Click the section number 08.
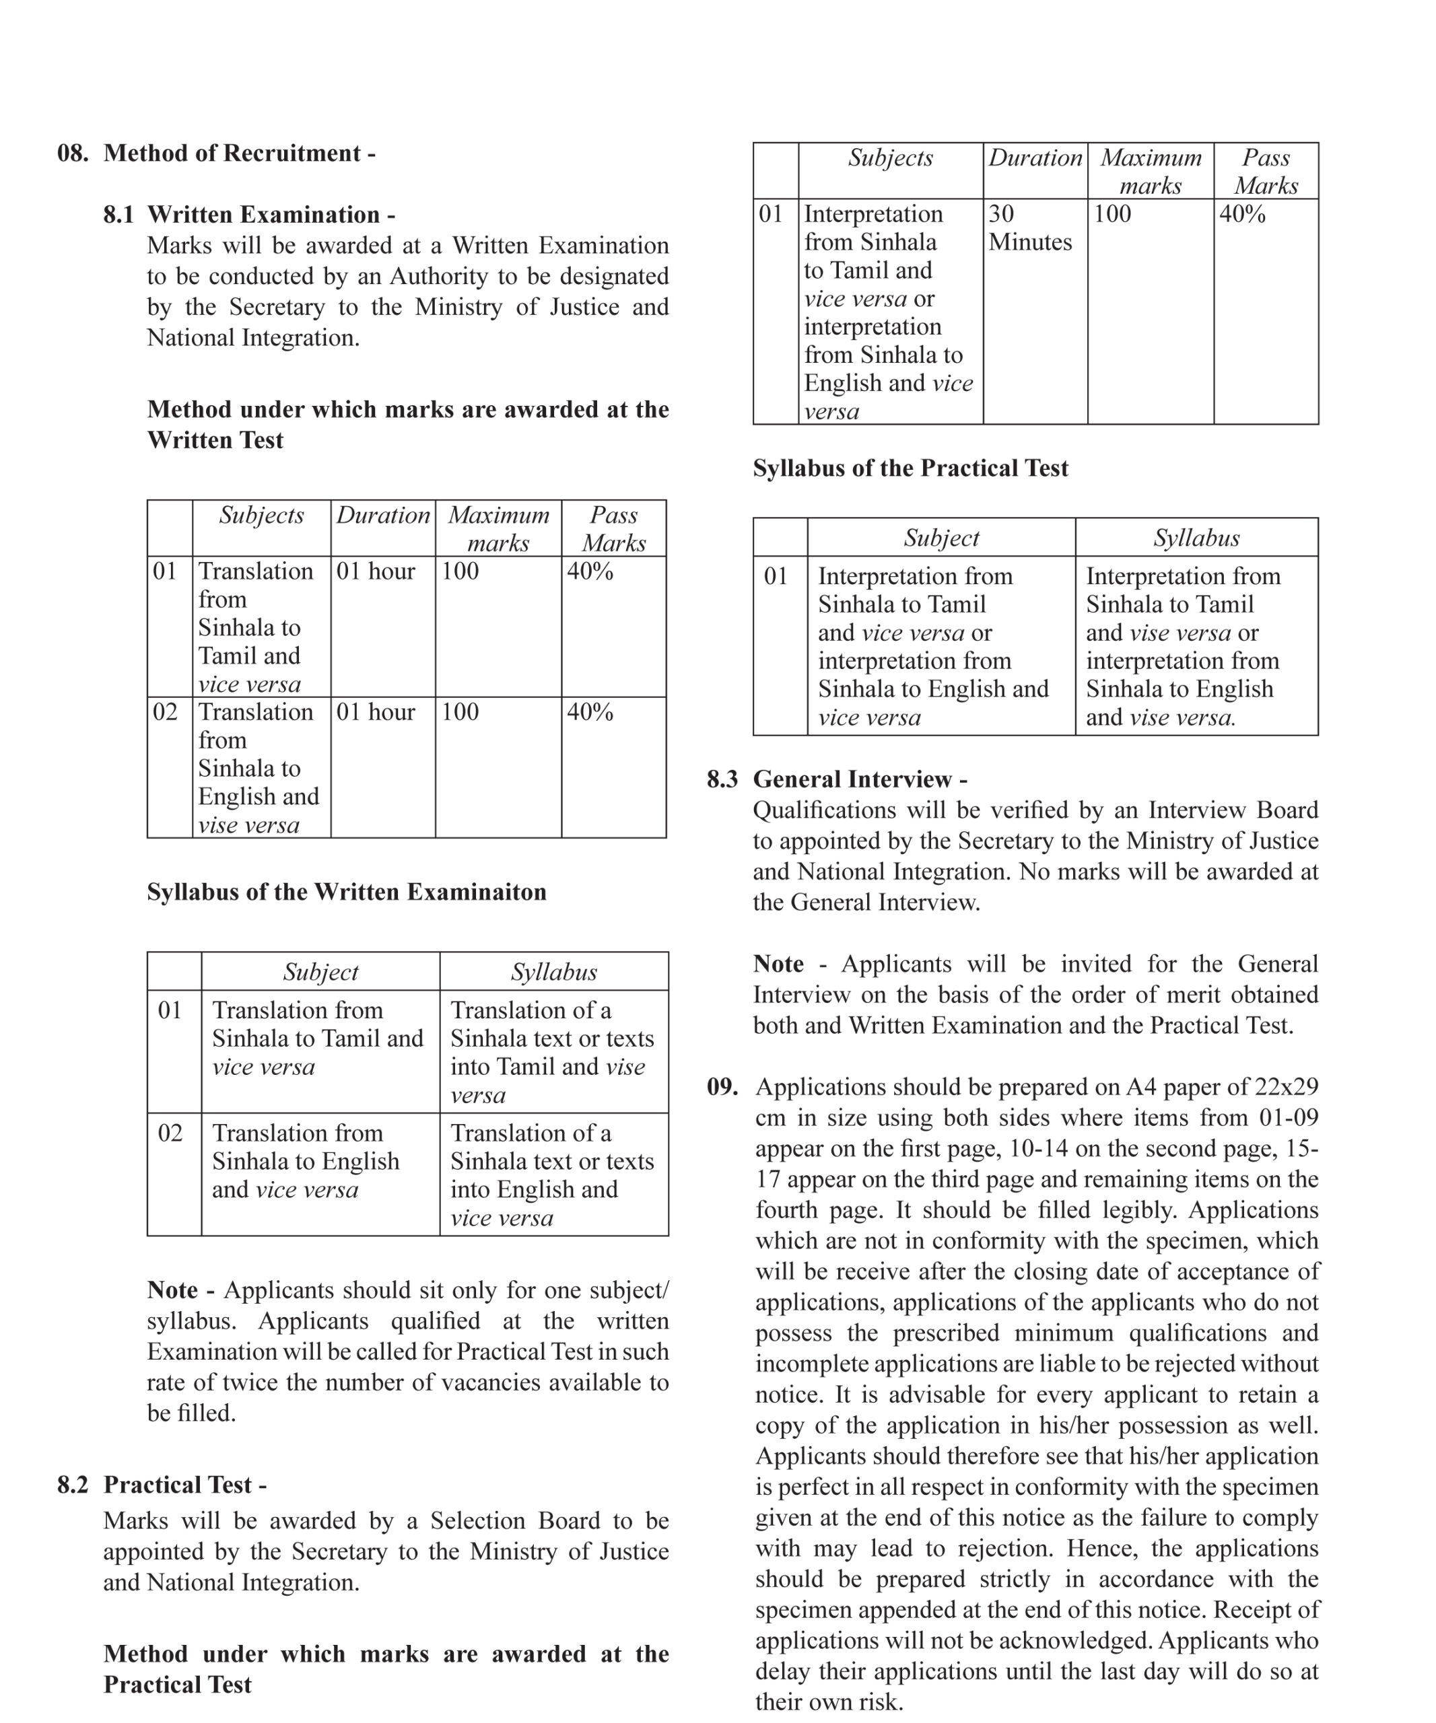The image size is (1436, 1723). (72, 153)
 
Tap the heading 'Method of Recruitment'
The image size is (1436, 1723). (232, 153)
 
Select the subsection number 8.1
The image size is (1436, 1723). (118, 215)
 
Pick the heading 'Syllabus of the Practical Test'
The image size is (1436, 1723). (910, 468)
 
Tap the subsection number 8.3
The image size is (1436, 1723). (722, 779)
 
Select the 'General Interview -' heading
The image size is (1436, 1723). (860, 779)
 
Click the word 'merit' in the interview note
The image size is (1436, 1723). (1155, 994)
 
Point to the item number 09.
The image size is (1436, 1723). (722, 1087)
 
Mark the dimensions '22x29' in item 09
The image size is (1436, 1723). (1286, 1087)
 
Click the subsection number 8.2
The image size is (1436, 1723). (72, 1485)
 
